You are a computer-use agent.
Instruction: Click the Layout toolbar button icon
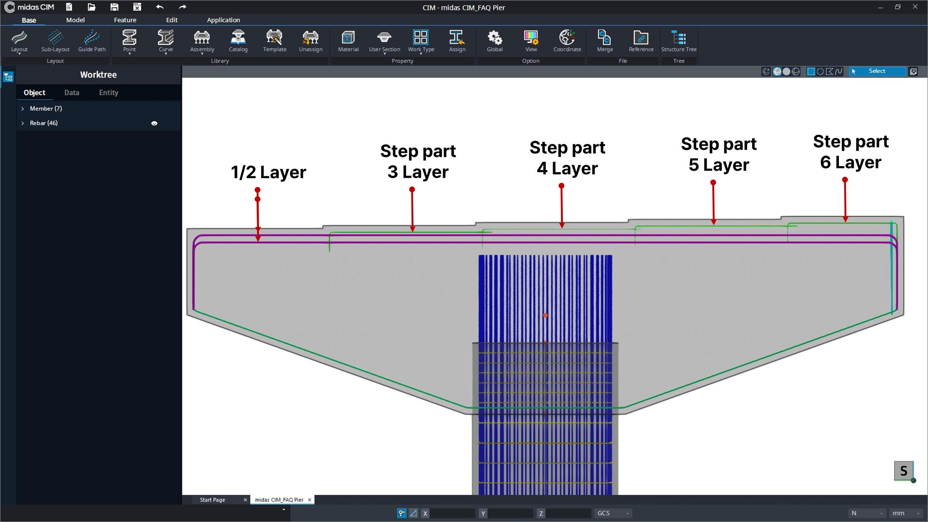[19, 37]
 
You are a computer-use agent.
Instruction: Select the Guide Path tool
[92, 41]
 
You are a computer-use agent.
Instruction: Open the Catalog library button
[238, 41]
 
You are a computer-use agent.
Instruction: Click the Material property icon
[348, 37]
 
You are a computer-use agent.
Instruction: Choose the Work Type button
[421, 41]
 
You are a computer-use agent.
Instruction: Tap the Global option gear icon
[495, 37]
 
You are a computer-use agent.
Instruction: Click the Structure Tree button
[679, 41]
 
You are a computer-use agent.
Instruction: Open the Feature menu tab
[125, 20]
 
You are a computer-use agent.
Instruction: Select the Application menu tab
[223, 20]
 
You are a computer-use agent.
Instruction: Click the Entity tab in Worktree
[109, 93]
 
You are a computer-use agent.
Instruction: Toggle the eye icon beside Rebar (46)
[155, 123]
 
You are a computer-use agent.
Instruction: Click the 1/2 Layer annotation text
[268, 172]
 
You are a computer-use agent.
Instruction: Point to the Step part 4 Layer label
[567, 158]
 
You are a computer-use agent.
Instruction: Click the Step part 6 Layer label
[851, 152]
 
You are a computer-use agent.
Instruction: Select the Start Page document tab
[213, 500]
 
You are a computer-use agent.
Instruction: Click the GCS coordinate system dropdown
[613, 513]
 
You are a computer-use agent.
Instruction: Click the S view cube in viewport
[903, 471]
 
